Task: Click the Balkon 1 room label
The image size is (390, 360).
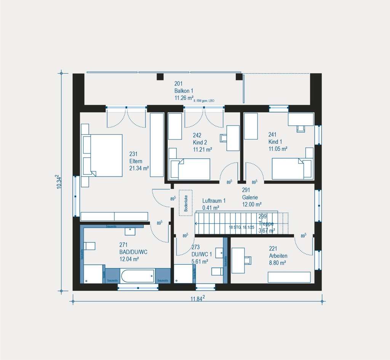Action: point(184,91)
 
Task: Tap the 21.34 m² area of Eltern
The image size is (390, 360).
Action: point(139,168)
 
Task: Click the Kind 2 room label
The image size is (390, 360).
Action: point(200,142)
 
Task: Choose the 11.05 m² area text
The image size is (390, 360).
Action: point(278,149)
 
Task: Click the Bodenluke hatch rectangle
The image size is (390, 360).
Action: point(186,203)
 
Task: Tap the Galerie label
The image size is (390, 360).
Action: point(250,197)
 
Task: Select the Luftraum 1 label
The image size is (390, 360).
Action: point(214,200)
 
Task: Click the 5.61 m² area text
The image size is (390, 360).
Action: point(200,261)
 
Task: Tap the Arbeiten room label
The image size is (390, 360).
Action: point(278,256)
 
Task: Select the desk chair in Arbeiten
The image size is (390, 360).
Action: point(248,260)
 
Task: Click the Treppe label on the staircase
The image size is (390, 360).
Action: point(266,224)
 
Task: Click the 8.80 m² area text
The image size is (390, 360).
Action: point(278,262)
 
